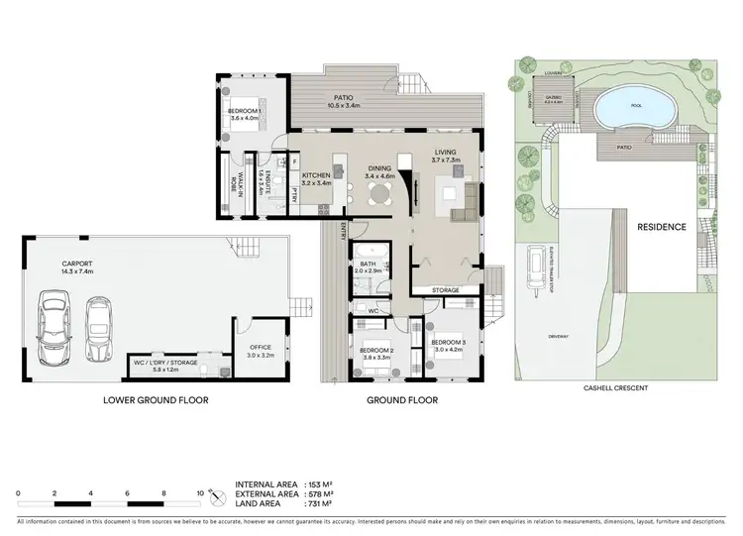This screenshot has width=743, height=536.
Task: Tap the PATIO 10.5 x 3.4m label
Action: (343, 99)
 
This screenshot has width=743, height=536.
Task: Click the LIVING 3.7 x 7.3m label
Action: (445, 158)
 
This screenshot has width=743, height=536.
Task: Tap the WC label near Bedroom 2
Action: (373, 311)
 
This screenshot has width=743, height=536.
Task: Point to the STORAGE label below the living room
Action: (443, 290)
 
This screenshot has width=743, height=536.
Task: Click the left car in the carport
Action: (53, 330)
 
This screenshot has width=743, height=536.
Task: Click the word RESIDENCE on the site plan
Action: (660, 227)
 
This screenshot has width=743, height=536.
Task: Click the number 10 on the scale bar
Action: (200, 492)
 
